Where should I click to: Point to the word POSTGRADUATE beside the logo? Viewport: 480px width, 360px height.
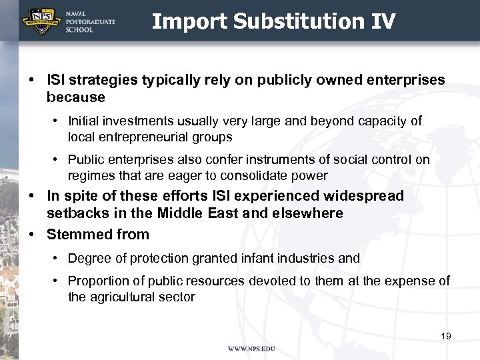click(91, 21)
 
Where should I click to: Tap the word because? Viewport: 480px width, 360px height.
click(76, 97)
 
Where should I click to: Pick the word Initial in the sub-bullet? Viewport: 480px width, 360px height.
click(85, 121)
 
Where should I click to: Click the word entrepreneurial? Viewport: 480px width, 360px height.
click(145, 137)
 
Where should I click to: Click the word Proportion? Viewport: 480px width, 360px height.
click(99, 281)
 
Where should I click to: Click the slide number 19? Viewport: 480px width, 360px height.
click(446, 336)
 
